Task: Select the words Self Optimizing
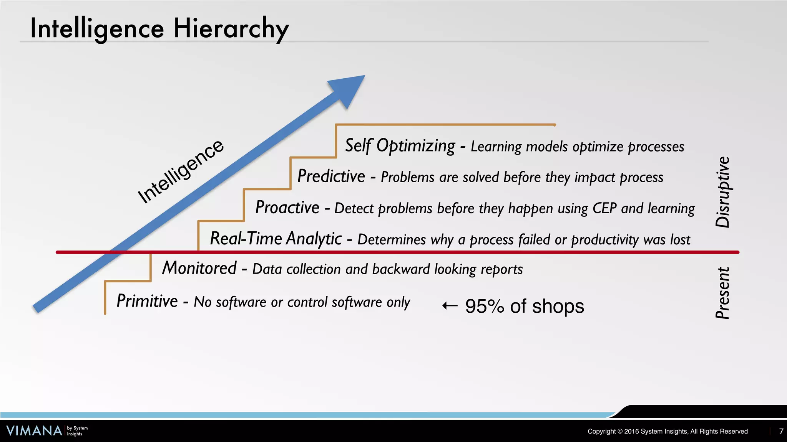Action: pos(400,146)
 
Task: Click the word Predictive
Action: pos(331,176)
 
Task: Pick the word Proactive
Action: pos(287,208)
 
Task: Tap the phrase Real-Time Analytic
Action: pos(276,239)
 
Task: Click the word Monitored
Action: pos(199,268)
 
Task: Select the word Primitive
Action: pos(147,301)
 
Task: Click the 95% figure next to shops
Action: pos(484,306)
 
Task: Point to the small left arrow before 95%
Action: pos(450,306)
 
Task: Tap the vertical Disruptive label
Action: pos(722,192)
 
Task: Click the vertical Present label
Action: pos(722,293)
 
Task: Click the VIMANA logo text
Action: pos(34,430)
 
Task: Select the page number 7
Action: pos(781,431)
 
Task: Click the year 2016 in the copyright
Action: pos(631,431)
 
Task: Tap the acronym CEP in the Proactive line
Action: pos(604,208)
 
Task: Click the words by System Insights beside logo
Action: pos(77,431)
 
